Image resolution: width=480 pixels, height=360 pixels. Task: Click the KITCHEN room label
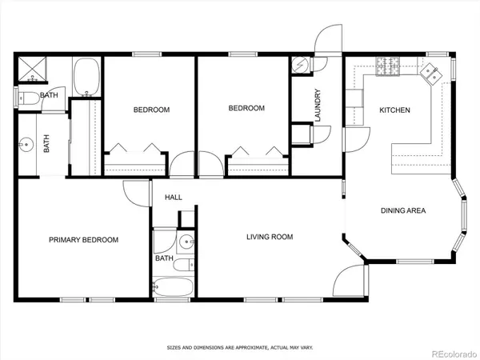tap(394, 110)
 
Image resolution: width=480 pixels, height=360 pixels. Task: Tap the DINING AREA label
tap(402, 211)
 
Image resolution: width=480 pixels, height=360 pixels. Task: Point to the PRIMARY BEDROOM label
tap(83, 240)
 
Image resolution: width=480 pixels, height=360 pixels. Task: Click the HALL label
tap(173, 197)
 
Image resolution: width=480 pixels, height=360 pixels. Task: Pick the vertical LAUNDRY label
tap(318, 105)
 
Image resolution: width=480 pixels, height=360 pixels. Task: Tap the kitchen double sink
tap(430, 74)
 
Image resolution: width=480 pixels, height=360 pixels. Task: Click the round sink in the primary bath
tap(27, 145)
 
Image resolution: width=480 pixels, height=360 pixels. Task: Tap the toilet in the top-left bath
tap(26, 98)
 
